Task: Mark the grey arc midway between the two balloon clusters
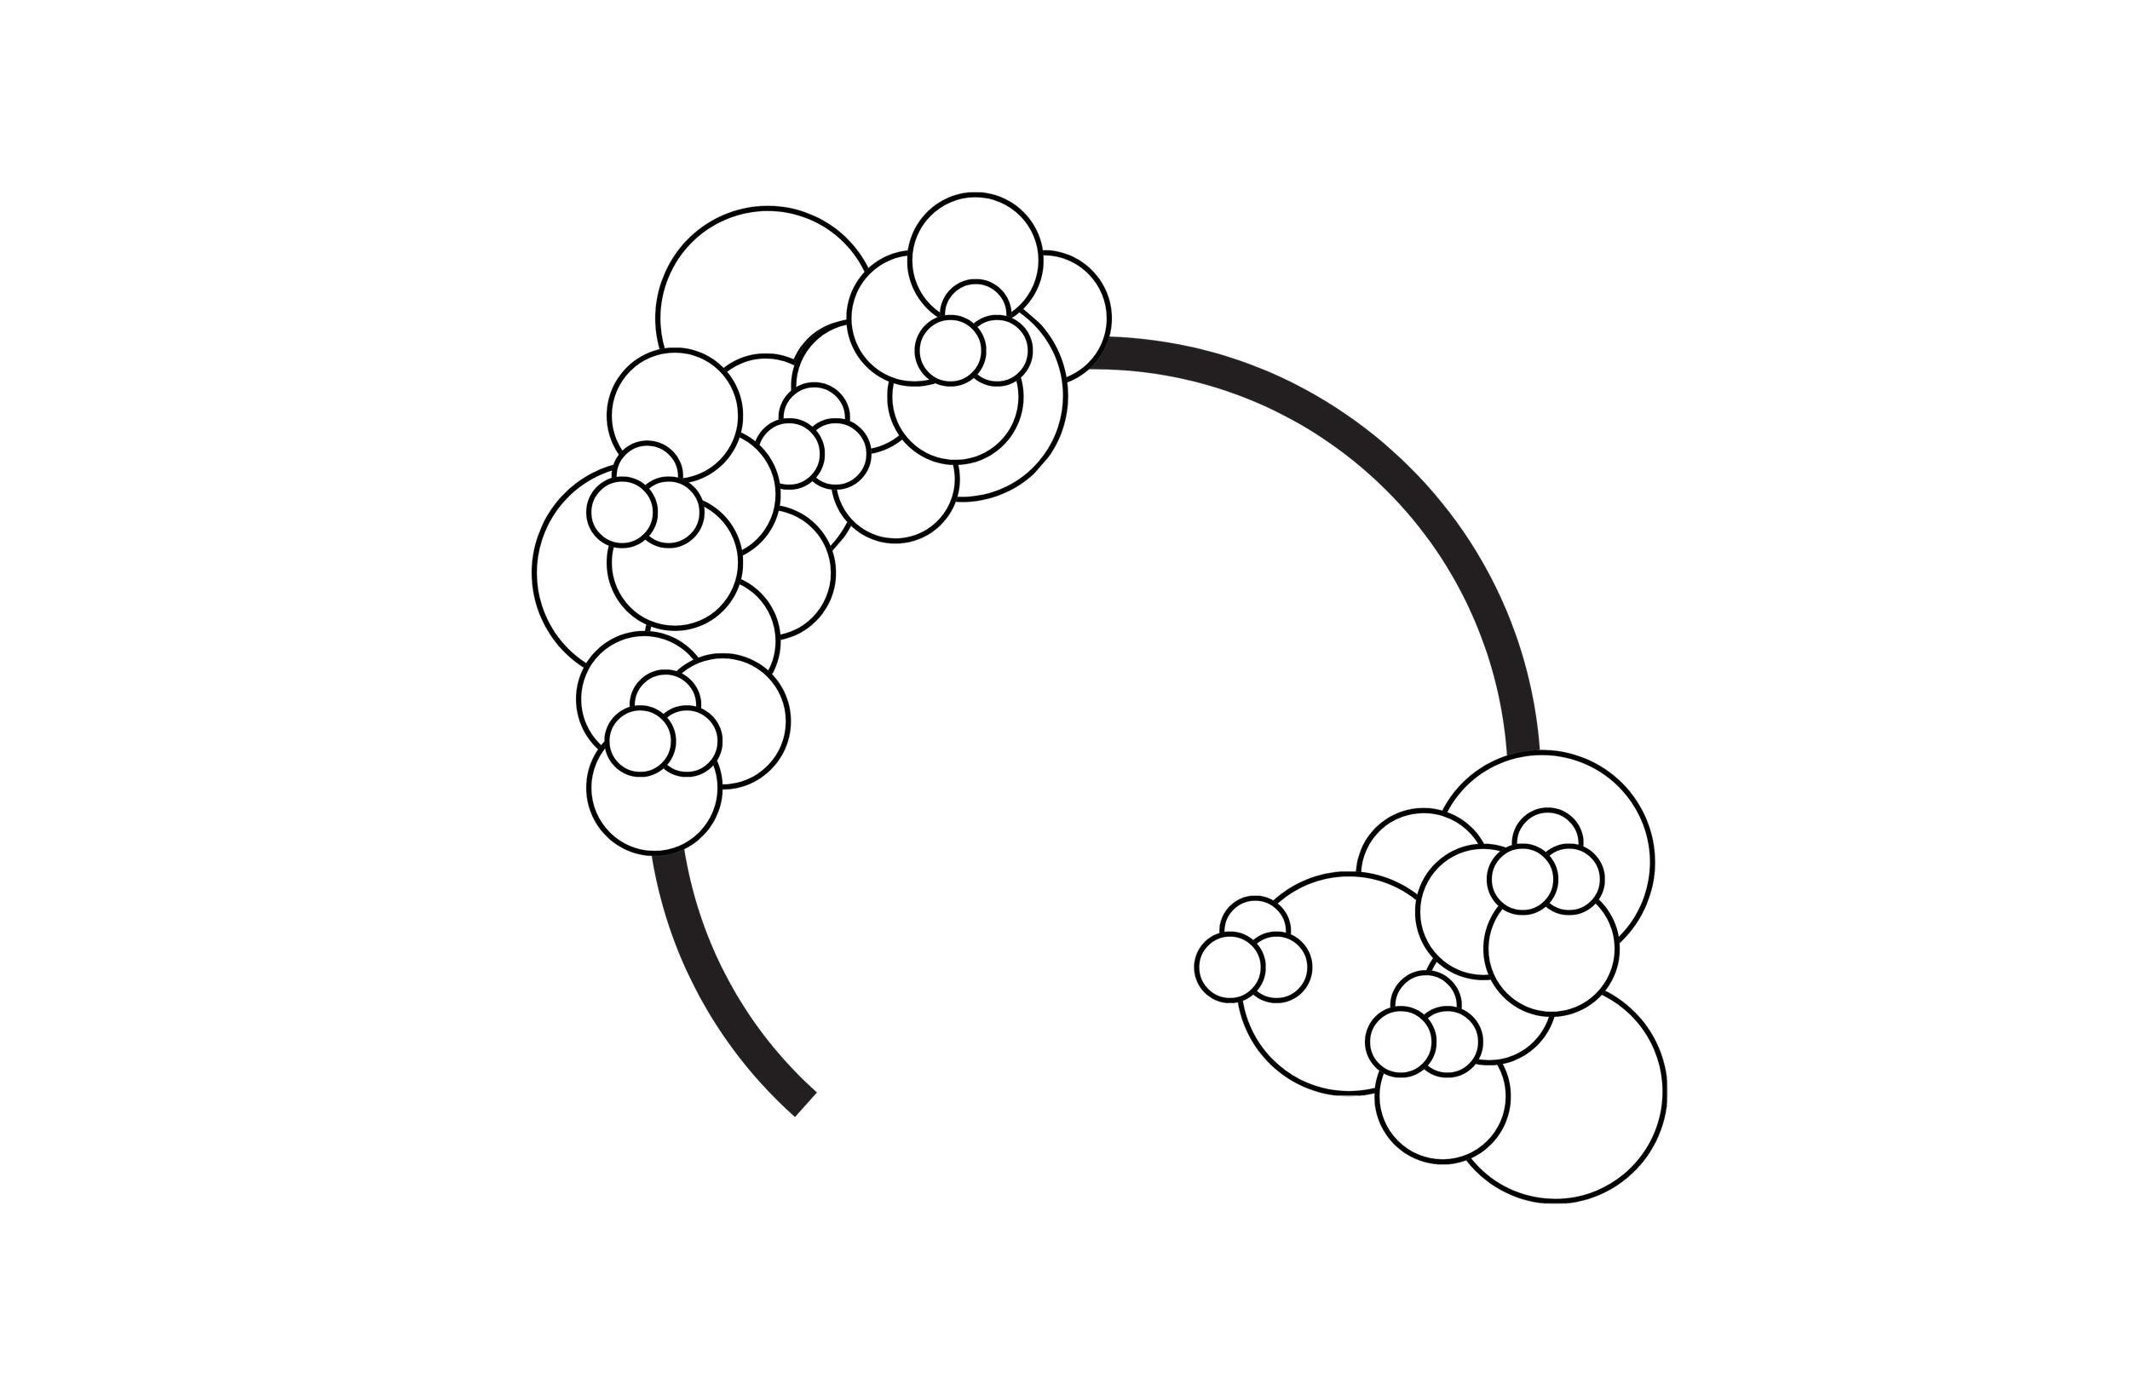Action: click(x=1396, y=465)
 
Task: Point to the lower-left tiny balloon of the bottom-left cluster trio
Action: click(x=638, y=741)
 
